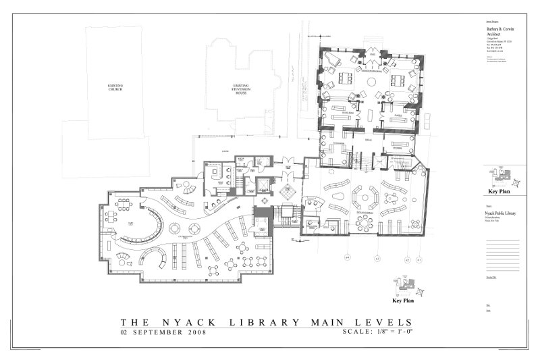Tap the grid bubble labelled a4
coord(348,257)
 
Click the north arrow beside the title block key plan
coord(520,181)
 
